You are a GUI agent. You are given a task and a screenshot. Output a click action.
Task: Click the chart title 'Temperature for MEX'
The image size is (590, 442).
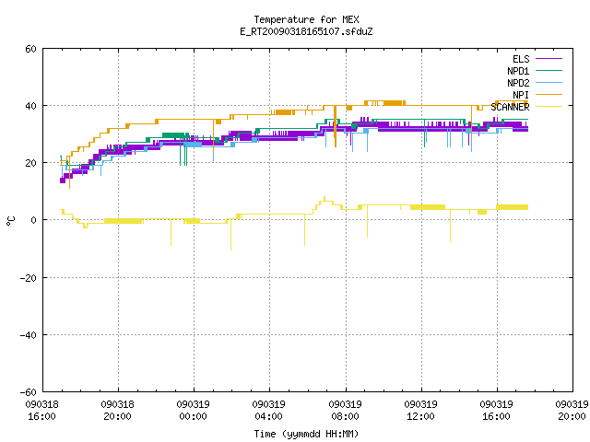(306, 19)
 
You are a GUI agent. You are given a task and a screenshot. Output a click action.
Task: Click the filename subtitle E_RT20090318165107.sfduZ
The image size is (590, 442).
(306, 31)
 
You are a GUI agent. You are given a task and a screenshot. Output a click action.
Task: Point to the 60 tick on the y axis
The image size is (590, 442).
(30, 49)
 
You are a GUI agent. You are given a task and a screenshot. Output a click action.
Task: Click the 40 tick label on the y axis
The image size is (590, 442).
(30, 106)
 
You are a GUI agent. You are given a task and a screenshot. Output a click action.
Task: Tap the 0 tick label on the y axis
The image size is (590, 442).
(33, 220)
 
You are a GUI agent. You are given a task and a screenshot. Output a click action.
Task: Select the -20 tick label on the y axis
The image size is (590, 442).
(29, 278)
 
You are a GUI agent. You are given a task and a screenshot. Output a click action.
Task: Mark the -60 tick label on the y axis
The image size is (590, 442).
(29, 392)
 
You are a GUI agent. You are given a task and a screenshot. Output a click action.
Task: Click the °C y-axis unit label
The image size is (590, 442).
(10, 221)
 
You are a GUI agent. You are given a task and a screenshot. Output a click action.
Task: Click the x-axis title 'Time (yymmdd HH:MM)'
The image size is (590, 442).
(306, 434)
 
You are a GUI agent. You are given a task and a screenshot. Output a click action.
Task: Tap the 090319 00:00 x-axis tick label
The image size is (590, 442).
(193, 411)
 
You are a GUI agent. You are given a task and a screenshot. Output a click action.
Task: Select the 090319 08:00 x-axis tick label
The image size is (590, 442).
(345, 411)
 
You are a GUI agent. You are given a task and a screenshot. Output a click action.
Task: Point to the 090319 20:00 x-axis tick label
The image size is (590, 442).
(572, 411)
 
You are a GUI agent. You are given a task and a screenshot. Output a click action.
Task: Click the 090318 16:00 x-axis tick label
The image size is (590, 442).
(41, 411)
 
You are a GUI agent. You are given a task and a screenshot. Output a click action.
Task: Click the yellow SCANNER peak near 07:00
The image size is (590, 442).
(324, 197)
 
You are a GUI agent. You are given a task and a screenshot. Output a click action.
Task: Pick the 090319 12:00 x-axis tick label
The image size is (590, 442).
(420, 411)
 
